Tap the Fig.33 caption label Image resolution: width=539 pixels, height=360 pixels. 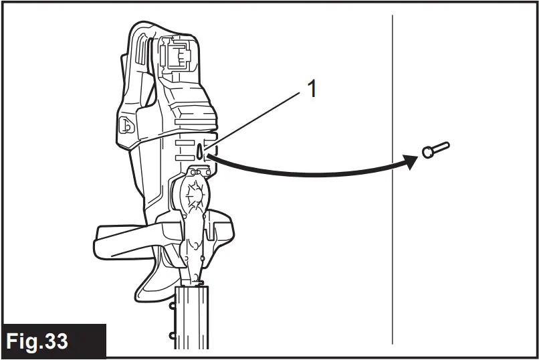tap(37, 341)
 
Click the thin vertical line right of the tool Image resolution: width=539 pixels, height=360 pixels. tap(392, 201)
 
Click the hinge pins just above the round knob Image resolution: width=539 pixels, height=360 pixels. tap(195, 172)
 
